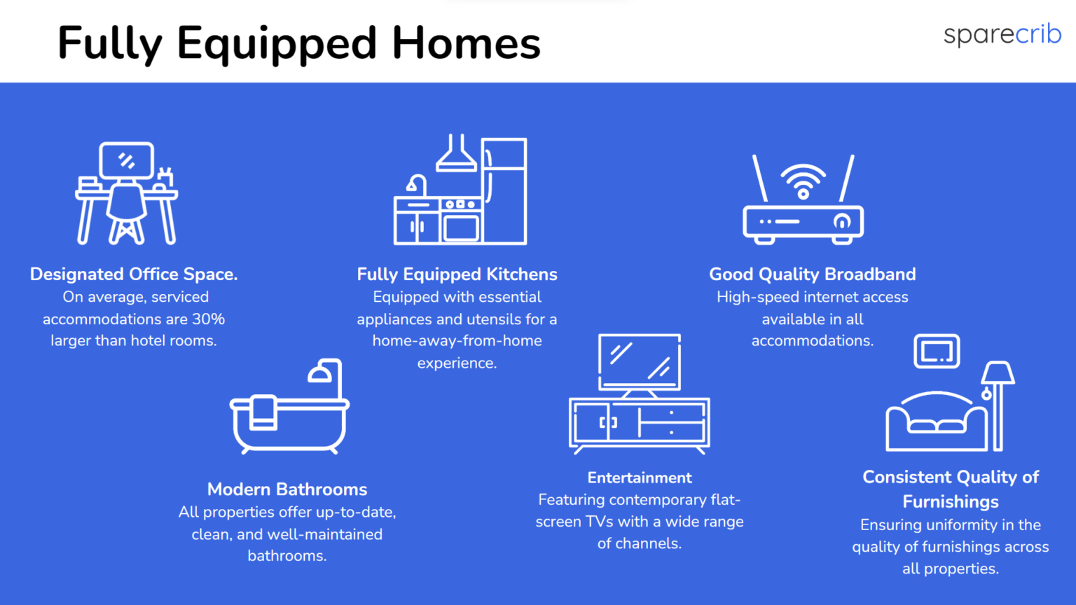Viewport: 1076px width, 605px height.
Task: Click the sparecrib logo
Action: tap(1002, 34)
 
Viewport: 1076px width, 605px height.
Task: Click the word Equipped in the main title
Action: tap(276, 44)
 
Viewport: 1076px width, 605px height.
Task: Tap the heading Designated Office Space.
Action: tap(134, 274)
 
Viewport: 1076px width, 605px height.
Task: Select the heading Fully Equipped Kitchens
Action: tap(457, 274)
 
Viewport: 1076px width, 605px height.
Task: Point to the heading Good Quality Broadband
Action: tap(813, 274)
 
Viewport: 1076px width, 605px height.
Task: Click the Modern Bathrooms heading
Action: tap(287, 489)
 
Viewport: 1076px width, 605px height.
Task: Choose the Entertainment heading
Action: tap(640, 478)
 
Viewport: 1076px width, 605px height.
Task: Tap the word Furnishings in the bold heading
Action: tap(950, 502)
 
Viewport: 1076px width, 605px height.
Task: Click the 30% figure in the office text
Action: tap(209, 319)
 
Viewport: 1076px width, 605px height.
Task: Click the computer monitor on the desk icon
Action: tap(126, 160)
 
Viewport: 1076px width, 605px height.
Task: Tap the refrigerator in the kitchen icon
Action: tap(504, 191)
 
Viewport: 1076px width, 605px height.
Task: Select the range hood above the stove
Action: tap(456, 153)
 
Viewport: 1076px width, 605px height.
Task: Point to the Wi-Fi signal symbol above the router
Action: tap(803, 181)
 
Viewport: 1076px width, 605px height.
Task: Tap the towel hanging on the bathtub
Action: tap(263, 412)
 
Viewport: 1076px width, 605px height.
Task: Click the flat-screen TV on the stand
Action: tap(640, 362)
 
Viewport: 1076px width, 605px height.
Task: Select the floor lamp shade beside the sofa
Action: tap(998, 373)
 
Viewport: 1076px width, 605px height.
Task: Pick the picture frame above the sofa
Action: tap(937, 352)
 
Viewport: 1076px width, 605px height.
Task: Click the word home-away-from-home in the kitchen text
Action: tap(457, 341)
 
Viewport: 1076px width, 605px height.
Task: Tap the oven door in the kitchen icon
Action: tap(461, 228)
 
